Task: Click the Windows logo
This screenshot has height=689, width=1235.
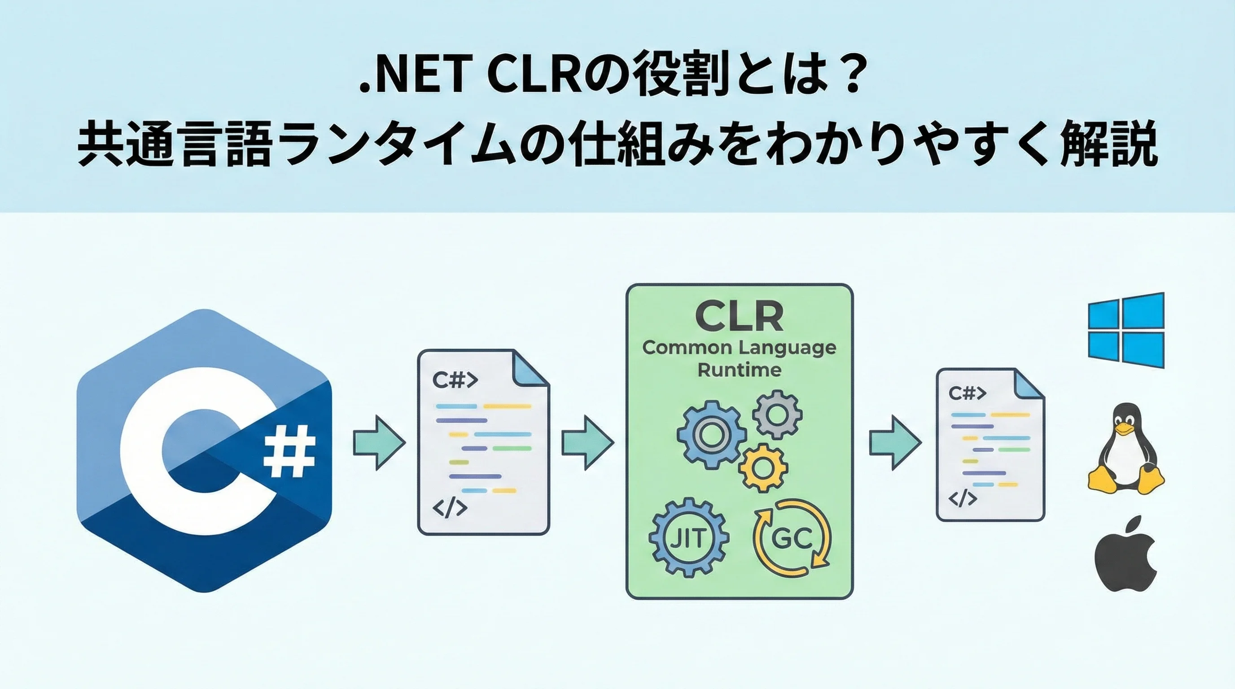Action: tap(1125, 330)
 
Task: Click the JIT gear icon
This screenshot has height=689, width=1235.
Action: tap(688, 537)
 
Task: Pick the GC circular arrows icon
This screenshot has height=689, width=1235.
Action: tap(792, 537)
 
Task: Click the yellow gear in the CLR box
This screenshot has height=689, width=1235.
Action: tap(763, 468)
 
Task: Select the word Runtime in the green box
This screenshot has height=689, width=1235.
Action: tap(739, 370)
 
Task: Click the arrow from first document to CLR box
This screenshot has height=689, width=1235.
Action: tap(587, 442)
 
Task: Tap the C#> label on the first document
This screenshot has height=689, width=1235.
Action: tap(455, 380)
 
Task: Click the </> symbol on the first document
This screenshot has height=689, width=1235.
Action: tap(449, 507)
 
